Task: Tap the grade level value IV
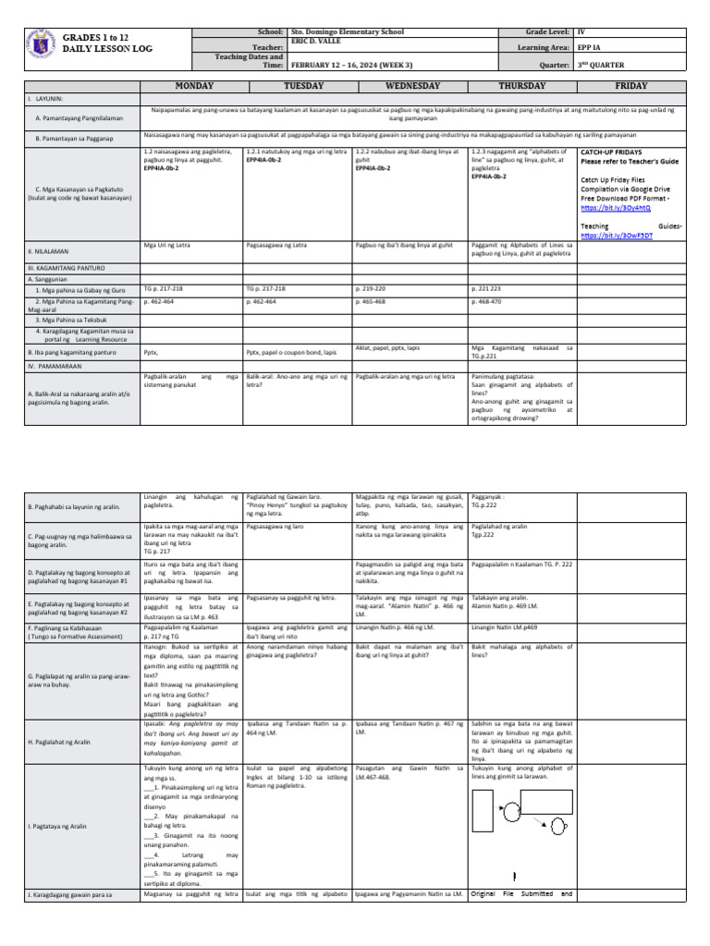tap(581, 30)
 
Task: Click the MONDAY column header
tap(189, 85)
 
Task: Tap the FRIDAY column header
tap(630, 85)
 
